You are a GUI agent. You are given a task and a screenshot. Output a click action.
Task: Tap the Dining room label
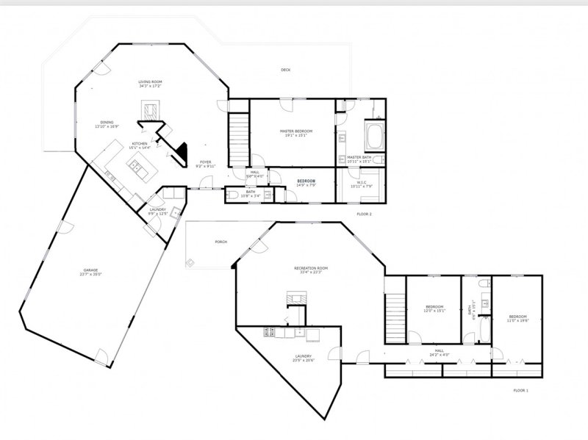pyautogui.click(x=107, y=123)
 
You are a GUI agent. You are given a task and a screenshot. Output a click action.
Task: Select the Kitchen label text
pyautogui.click(x=140, y=144)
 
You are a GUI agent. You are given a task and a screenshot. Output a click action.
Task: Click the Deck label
pyautogui.click(x=285, y=70)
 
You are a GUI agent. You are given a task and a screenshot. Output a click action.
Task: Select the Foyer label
pyautogui.click(x=205, y=162)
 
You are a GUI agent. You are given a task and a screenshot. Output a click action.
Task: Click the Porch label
pyautogui.click(x=220, y=242)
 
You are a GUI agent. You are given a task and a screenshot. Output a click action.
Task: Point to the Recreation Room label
pyautogui.click(x=310, y=269)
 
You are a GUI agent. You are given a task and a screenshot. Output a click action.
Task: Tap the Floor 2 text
pyautogui.click(x=364, y=214)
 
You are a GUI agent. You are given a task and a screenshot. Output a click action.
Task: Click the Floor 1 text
pyautogui.click(x=520, y=391)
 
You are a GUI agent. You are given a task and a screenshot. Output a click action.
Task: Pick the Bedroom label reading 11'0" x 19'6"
pyautogui.click(x=517, y=318)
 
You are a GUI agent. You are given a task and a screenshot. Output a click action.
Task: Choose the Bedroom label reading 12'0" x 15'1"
pyautogui.click(x=436, y=308)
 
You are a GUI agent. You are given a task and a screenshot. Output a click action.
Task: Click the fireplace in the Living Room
pyautogui.click(x=150, y=110)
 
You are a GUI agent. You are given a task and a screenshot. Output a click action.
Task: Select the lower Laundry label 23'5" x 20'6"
pyautogui.click(x=302, y=358)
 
